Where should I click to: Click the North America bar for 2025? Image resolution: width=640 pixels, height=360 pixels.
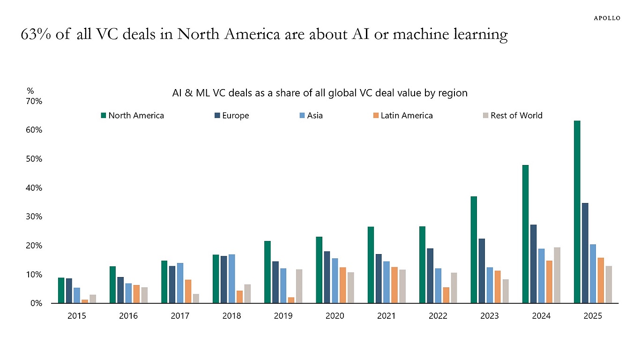[x=577, y=212]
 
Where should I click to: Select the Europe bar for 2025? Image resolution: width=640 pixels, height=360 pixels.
[x=585, y=253]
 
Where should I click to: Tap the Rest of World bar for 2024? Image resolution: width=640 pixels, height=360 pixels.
[x=557, y=275]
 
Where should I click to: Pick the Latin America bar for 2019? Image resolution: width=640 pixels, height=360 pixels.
[x=291, y=300]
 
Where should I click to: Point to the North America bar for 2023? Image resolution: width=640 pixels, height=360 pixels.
[x=474, y=250]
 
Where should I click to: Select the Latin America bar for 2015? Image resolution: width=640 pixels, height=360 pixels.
[x=85, y=301]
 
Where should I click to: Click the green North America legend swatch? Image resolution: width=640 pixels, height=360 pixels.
[x=104, y=115]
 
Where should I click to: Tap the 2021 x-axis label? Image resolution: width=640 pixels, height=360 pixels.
[x=386, y=316]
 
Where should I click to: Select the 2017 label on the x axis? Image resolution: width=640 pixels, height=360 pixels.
[x=180, y=316]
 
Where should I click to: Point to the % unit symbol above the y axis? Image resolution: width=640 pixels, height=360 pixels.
[x=30, y=91]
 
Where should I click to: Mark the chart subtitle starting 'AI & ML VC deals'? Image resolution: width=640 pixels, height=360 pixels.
[x=320, y=93]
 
